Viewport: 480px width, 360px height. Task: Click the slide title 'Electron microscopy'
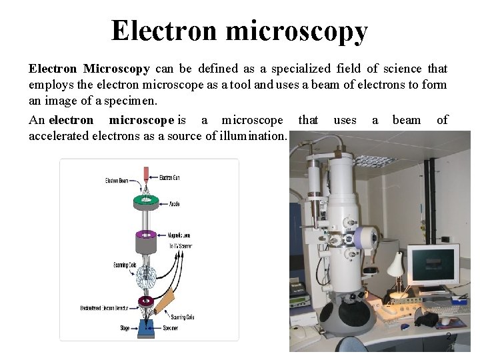point(239,31)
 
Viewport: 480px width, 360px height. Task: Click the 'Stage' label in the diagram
point(123,327)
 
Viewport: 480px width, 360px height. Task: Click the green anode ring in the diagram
point(145,200)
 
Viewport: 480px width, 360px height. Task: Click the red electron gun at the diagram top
point(146,175)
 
